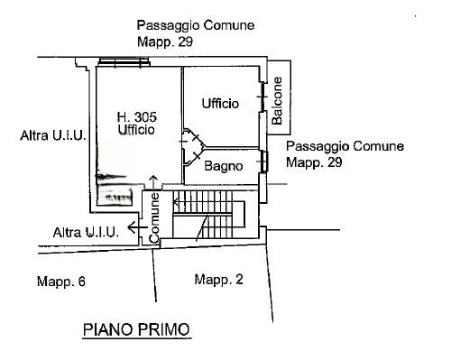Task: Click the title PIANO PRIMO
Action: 136,329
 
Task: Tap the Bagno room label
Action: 224,166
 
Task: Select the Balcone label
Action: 277,101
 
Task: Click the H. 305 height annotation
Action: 137,116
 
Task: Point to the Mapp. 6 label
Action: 61,282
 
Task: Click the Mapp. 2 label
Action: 218,280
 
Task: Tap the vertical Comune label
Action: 154,217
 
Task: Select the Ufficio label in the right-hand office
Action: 220,104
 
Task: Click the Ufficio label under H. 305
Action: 136,130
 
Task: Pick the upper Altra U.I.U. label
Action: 53,135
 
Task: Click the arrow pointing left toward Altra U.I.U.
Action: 138,227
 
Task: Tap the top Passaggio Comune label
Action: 196,25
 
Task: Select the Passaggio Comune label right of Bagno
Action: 345,146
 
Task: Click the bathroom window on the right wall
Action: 264,162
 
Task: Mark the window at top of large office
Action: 124,61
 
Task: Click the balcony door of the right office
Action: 263,97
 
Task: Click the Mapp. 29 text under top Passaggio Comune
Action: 165,42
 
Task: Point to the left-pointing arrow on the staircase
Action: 178,201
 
